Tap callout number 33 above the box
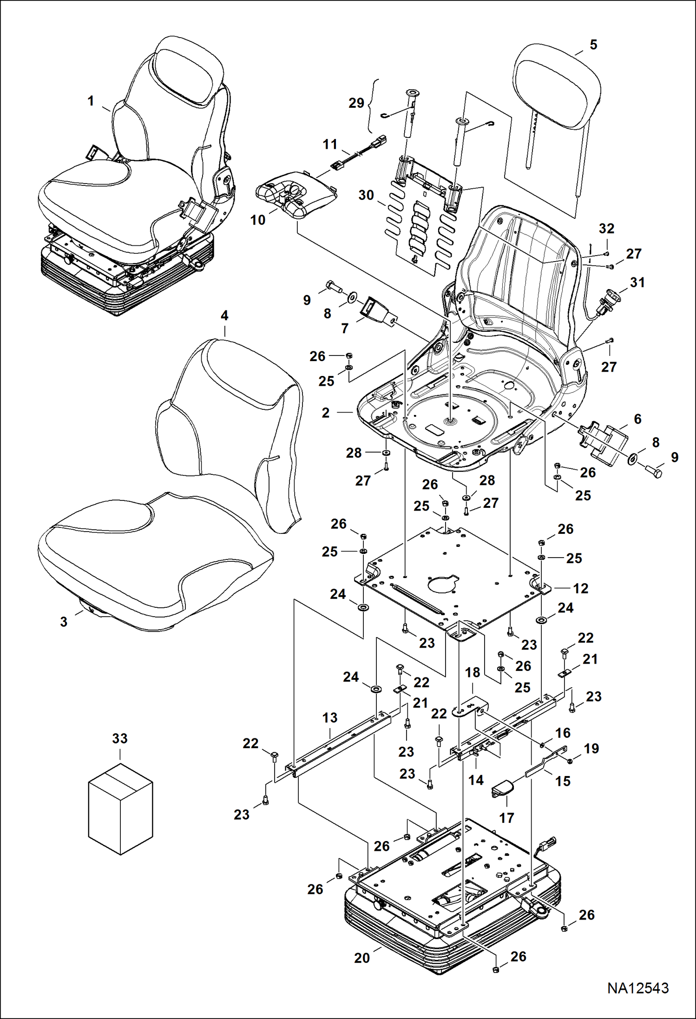120,738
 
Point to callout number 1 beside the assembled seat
91,101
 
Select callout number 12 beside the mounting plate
580,588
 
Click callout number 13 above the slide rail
330,717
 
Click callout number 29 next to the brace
356,103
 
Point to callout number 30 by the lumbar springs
366,195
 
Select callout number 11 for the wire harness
330,145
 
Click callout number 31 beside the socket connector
637,282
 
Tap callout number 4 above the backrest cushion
224,316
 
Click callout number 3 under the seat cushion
64,622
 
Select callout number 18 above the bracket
473,672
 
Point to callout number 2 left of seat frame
325,413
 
